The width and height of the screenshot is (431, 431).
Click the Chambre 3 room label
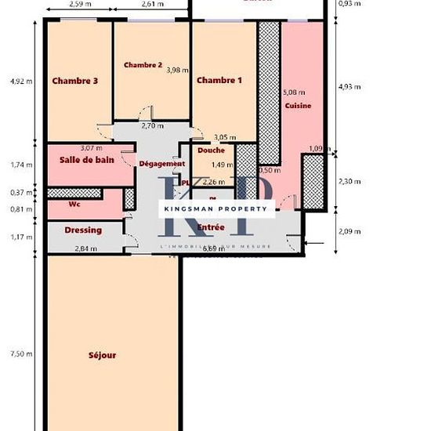point(75,81)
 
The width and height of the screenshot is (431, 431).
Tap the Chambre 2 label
point(142,65)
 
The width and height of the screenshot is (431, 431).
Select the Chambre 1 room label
point(219,81)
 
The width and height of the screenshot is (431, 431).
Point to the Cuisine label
point(298,106)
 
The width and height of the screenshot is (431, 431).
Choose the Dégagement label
point(161,164)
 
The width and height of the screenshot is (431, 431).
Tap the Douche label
point(212,150)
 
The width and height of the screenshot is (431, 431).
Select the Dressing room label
point(83,230)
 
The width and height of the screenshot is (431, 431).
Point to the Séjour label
point(103,355)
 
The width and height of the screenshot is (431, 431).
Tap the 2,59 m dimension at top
point(78,4)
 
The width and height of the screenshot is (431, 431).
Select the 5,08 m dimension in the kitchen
point(294,92)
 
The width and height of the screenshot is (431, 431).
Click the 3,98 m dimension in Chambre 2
point(178,70)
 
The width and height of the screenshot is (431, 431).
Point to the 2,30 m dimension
point(349,181)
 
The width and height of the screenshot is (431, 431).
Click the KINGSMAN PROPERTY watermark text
point(217,208)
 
